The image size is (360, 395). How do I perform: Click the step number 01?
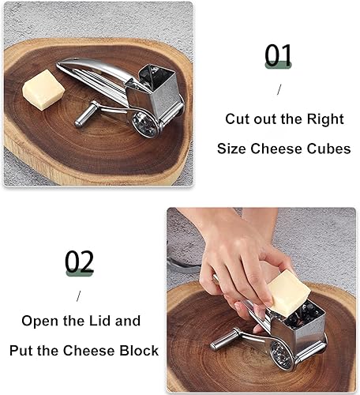click(x=279, y=56)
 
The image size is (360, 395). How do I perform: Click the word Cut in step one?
click(x=238, y=119)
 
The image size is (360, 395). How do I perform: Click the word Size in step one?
click(x=234, y=149)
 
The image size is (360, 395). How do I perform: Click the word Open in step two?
click(x=40, y=321)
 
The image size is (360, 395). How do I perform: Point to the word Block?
click(x=138, y=350)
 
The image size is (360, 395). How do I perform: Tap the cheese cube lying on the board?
click(x=43, y=89)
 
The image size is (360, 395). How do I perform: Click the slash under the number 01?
click(x=278, y=89)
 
